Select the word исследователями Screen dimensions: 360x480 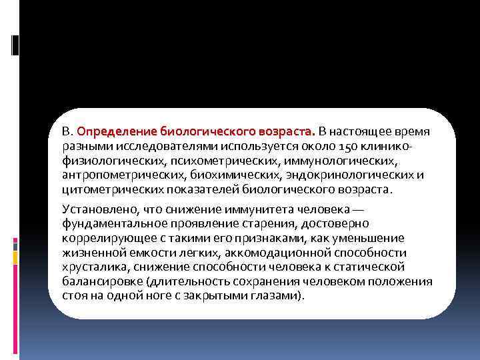147,146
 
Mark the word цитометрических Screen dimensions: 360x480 105,189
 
